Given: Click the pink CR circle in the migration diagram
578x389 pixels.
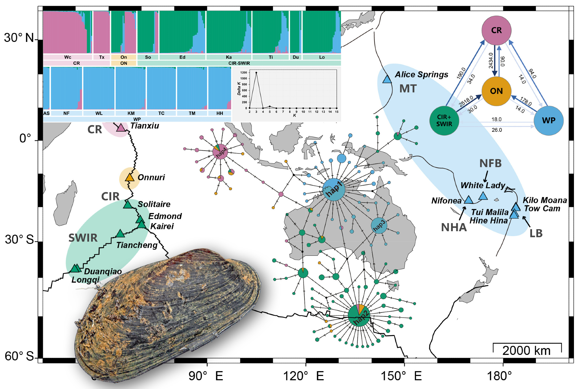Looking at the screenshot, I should point(496,30).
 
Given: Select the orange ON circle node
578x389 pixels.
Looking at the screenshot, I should point(496,91).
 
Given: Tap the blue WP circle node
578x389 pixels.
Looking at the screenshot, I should point(548,121).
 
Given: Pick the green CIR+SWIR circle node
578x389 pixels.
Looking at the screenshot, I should point(444,121).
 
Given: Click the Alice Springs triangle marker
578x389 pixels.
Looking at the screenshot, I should point(387,79).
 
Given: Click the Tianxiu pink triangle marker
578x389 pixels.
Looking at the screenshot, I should point(121,127).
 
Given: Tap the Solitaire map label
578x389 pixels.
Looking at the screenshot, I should point(154,204).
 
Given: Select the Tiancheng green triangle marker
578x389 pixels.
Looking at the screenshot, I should point(120,234).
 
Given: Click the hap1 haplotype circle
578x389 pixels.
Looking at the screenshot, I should point(334,190).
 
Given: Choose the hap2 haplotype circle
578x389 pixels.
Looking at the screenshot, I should point(359,315).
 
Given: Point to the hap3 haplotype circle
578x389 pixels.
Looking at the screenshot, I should point(379,225).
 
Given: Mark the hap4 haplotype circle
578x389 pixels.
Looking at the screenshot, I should point(220,151).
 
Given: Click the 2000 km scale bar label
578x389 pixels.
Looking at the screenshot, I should point(526,351).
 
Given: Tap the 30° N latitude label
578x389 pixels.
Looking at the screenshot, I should point(19,38).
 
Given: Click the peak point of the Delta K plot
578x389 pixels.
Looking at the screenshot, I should point(256,73).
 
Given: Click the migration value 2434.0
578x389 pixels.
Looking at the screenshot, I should point(491,60).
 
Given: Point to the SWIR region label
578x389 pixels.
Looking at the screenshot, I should point(83,238).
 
